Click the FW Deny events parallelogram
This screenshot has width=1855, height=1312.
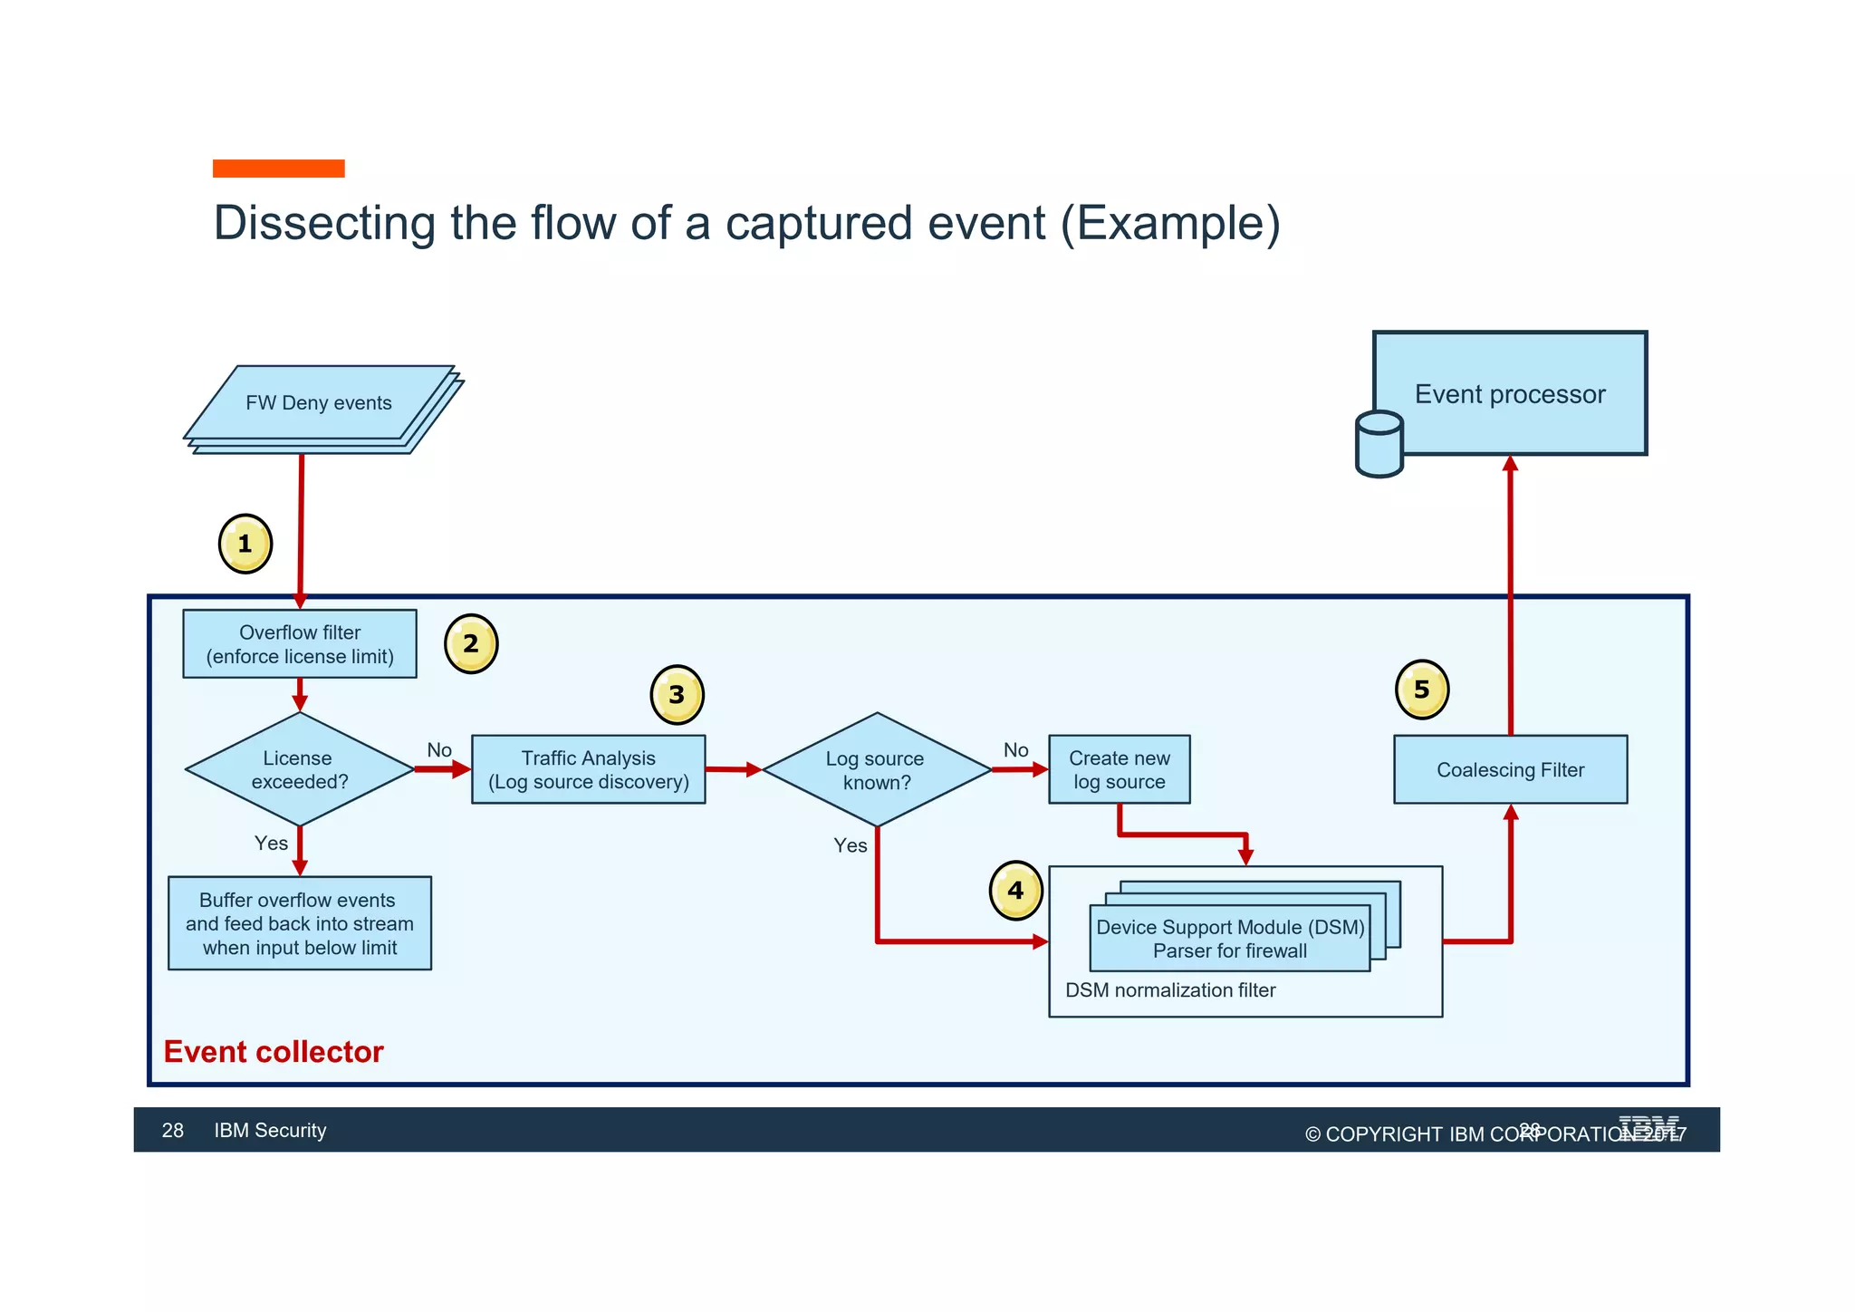point(319,403)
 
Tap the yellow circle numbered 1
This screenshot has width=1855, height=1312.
point(245,544)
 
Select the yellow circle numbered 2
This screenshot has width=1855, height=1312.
point(471,644)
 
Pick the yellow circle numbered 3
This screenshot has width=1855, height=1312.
point(677,695)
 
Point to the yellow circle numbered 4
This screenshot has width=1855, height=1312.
point(1015,891)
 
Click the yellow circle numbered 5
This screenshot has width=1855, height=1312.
point(1421,690)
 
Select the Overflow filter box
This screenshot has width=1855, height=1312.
point(300,644)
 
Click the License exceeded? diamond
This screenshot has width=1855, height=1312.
point(300,769)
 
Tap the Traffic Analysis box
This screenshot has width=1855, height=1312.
point(588,769)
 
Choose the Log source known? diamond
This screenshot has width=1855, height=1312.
point(876,770)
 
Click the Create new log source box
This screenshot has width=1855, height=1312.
point(1119,769)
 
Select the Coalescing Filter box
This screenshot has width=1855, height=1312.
point(1510,769)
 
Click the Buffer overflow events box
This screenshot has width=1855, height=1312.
point(300,923)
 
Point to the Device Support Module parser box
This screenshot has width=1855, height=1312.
point(1229,939)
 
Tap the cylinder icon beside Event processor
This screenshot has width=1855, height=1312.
point(1379,444)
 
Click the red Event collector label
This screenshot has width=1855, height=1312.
point(274,1052)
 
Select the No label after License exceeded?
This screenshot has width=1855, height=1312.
point(439,750)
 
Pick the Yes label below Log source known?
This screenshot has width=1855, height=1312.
point(850,845)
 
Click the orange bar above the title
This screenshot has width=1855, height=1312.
point(278,169)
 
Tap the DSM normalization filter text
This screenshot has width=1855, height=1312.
point(1169,990)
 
